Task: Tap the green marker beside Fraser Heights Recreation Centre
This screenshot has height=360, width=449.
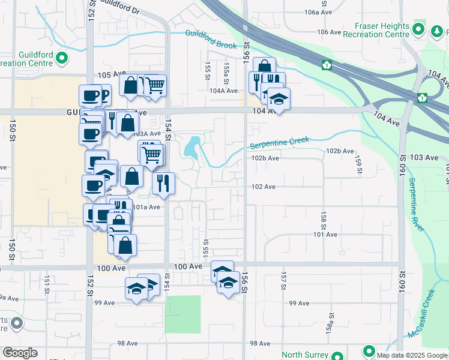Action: [x=419, y=28]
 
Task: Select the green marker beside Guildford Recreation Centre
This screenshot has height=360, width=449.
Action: [x=62, y=59]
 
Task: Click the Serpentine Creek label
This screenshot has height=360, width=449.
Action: [x=279, y=143]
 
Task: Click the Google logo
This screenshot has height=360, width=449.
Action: [x=20, y=353]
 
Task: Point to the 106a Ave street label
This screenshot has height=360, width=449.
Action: [x=318, y=12]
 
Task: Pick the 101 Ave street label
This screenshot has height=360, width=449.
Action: [x=325, y=235]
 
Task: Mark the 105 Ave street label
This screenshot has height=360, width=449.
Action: [x=109, y=75]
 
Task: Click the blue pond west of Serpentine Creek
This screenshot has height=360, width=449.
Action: [x=193, y=146]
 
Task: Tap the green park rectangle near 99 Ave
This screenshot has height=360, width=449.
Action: [x=182, y=314]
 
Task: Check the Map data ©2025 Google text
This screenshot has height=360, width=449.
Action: [x=411, y=355]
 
